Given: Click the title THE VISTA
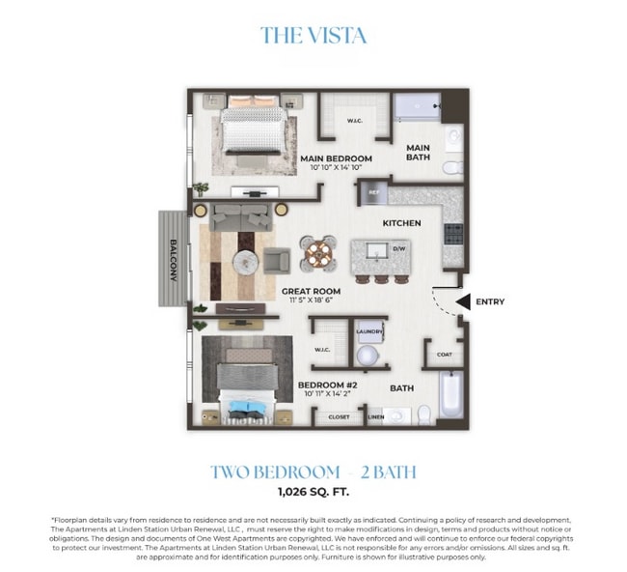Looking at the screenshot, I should click(313, 36).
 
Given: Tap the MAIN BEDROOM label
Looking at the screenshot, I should click(335, 157).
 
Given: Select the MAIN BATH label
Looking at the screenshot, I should click(418, 153).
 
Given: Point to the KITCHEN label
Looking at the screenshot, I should click(401, 223).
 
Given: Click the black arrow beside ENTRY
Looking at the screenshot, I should click(462, 302).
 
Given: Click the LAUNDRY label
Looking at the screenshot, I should click(369, 331).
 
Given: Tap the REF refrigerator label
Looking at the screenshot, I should click(371, 193).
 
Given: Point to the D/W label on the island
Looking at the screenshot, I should click(398, 248).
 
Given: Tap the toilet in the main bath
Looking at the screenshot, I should click(450, 167).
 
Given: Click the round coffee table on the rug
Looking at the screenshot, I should click(244, 259).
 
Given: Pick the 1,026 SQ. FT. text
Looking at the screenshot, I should click(313, 492).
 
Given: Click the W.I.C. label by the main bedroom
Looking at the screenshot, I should click(355, 122).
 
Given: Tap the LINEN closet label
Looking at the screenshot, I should click(377, 417).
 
